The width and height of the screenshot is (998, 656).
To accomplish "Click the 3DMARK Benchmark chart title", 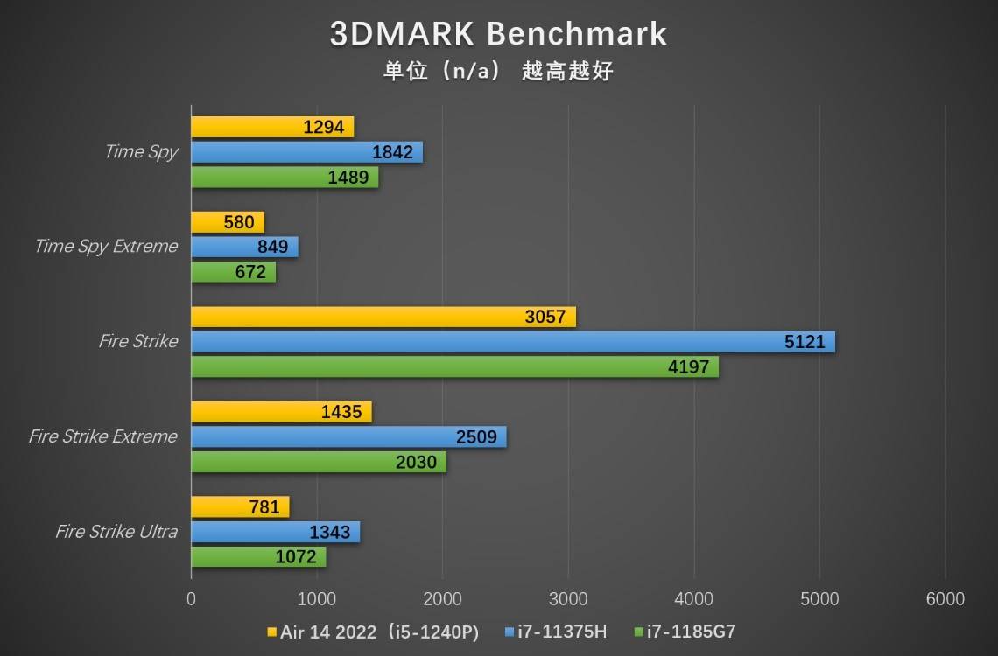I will [x=498, y=33].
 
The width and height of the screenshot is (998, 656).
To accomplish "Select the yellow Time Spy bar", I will [x=272, y=127].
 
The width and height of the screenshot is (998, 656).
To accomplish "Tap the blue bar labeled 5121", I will [x=513, y=342].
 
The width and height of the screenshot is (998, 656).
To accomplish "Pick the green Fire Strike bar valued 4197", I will [x=454, y=367].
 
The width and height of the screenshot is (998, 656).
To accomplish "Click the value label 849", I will [x=273, y=247].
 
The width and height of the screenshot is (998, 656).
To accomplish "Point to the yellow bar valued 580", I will [x=228, y=222].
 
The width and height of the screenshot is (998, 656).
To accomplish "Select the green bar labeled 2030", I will [x=319, y=462].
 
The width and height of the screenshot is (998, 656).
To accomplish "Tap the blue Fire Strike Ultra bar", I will [x=275, y=532].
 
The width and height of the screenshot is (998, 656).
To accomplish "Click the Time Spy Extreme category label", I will [x=106, y=247].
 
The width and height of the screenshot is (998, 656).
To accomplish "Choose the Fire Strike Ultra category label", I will [x=116, y=532].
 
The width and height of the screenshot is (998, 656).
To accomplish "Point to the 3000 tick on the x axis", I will [x=568, y=599].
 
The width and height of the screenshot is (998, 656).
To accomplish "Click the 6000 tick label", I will [x=945, y=599].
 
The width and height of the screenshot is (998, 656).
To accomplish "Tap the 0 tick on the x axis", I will [x=192, y=599].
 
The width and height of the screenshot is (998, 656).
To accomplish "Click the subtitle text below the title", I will [x=498, y=71].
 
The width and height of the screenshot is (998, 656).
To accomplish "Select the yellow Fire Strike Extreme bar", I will [x=281, y=412].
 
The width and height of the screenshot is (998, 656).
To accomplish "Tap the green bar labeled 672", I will [x=234, y=272].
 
